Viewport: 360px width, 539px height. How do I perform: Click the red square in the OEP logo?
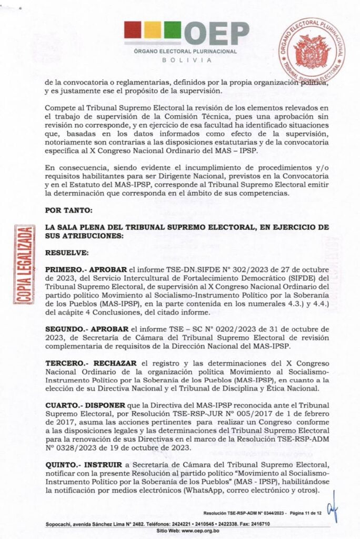click(x=133, y=30)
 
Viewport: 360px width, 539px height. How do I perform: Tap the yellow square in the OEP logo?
click(x=152, y=30)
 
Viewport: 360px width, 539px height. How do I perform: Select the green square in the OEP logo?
click(x=172, y=30)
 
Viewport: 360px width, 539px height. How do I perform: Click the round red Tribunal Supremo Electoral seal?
click(x=312, y=49)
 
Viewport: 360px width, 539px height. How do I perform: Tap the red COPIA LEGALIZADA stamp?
click(x=23, y=264)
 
